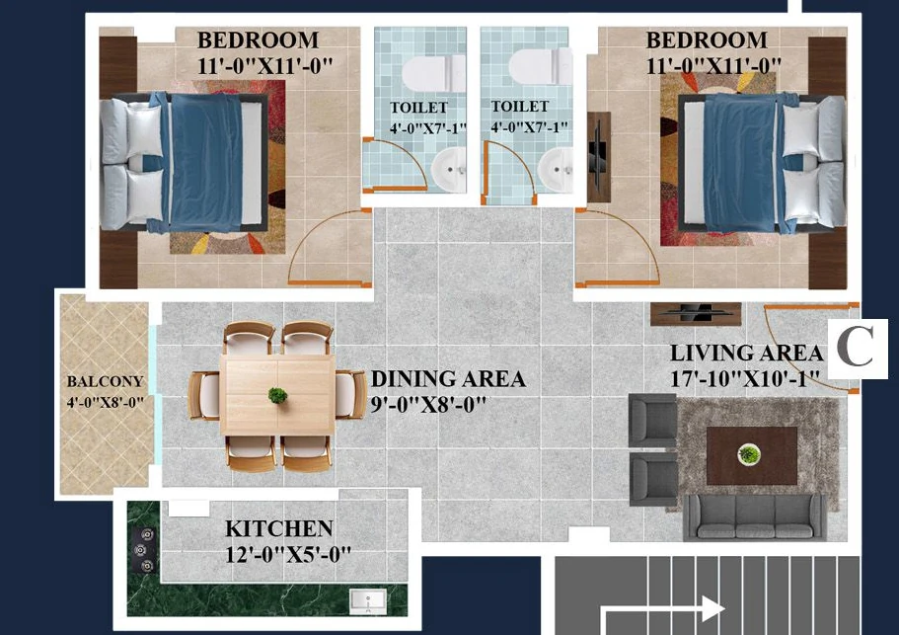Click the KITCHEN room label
coord(278,528)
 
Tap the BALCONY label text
coord(105,381)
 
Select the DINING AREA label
coord(448,379)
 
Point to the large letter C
coord(855,347)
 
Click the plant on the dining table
coord(277,395)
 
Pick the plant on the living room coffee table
coord(749,454)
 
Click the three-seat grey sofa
coord(755,516)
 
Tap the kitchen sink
coord(367,601)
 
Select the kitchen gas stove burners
coord(144,550)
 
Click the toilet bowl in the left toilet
coord(434,74)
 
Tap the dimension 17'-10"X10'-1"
coord(745,379)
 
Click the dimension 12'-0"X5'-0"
coord(288,555)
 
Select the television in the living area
coord(696,313)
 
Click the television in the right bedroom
coord(598,157)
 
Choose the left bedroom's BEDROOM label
coord(258,40)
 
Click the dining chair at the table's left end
coord(204,396)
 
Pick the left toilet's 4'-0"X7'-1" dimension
coord(427,128)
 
